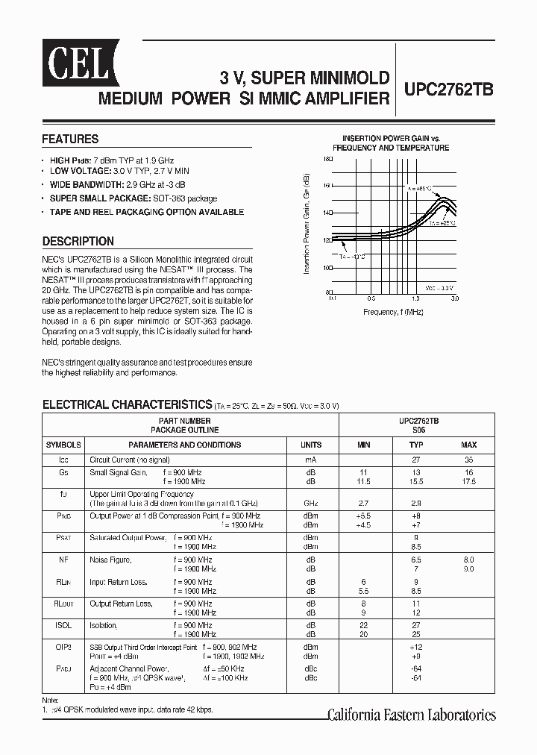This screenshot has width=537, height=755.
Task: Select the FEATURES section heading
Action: coord(70,139)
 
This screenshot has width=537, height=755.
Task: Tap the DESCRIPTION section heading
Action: coord(78,241)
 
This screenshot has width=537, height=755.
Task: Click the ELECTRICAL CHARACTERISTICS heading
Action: coord(127,404)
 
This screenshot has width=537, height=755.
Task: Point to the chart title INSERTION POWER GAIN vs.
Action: coord(391,138)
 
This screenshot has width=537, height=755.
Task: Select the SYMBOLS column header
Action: coord(63,445)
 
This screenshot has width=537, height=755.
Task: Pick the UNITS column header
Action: coord(310,445)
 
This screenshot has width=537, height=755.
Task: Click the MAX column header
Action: coord(468,445)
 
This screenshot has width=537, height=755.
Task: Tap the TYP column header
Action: coord(415,445)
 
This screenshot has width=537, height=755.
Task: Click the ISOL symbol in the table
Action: coord(63,625)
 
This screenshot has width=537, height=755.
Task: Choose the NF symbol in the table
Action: coord(63,559)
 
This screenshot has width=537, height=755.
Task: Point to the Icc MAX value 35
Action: coord(468,460)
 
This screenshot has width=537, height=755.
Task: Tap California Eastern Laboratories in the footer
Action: coord(412,715)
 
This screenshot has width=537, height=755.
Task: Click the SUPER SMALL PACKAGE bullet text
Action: coord(134,198)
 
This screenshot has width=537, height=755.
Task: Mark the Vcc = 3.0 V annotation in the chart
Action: coord(439,287)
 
